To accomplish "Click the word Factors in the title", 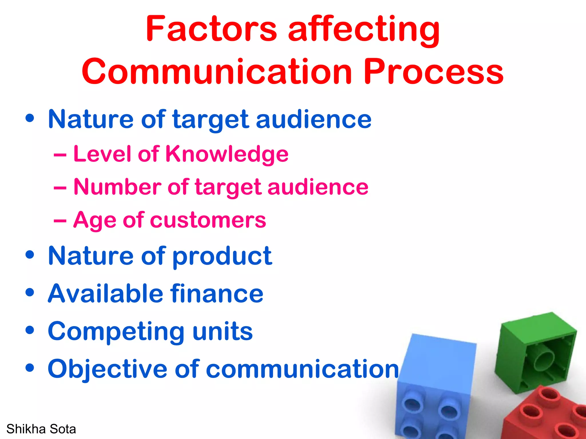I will (x=211, y=29).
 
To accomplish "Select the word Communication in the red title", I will (x=217, y=71).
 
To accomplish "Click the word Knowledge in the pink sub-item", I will (x=227, y=154).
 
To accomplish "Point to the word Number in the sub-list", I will (x=117, y=187).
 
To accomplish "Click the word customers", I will (x=208, y=220).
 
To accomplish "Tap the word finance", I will (x=217, y=294).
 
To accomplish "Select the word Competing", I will (x=116, y=332).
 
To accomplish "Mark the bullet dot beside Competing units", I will (x=30, y=330).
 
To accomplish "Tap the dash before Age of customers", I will (x=60, y=220).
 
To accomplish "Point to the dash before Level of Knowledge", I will (x=60, y=155).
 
